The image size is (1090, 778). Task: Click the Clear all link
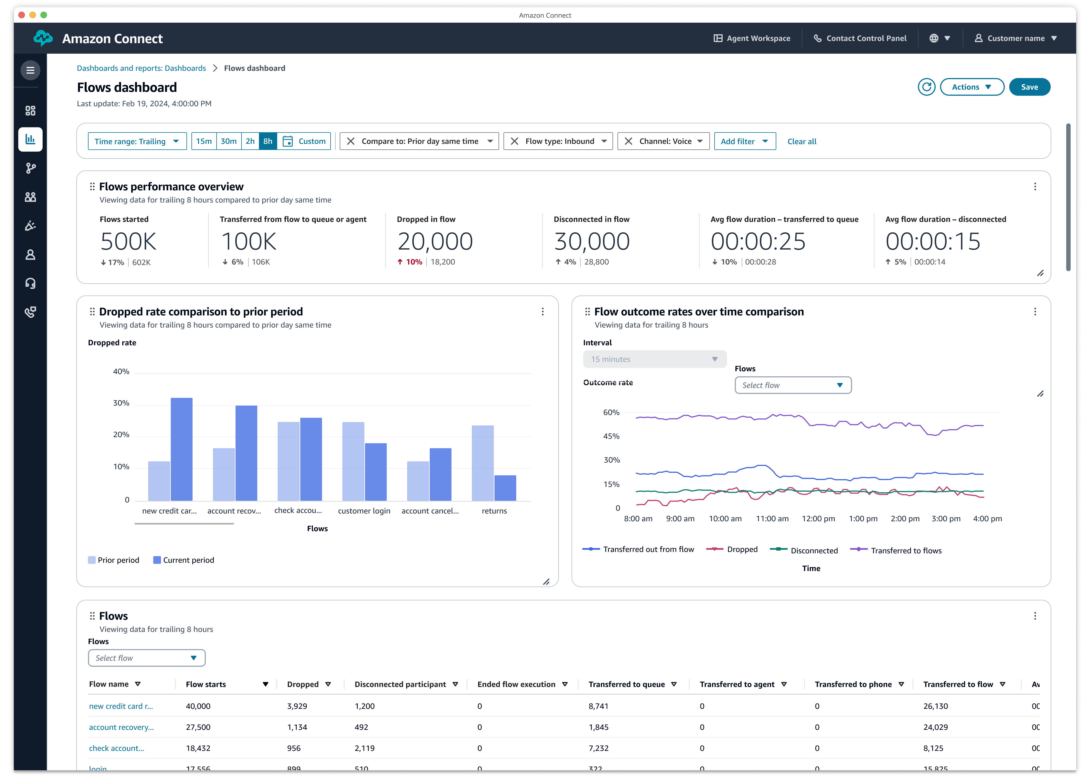[x=802, y=141]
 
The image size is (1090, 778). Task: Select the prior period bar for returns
[x=482, y=463]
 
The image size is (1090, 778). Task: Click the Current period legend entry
[x=184, y=560]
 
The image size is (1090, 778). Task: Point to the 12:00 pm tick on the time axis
[x=818, y=518]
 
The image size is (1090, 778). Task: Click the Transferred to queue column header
[x=626, y=684]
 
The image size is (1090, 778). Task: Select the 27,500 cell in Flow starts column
[x=198, y=727]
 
